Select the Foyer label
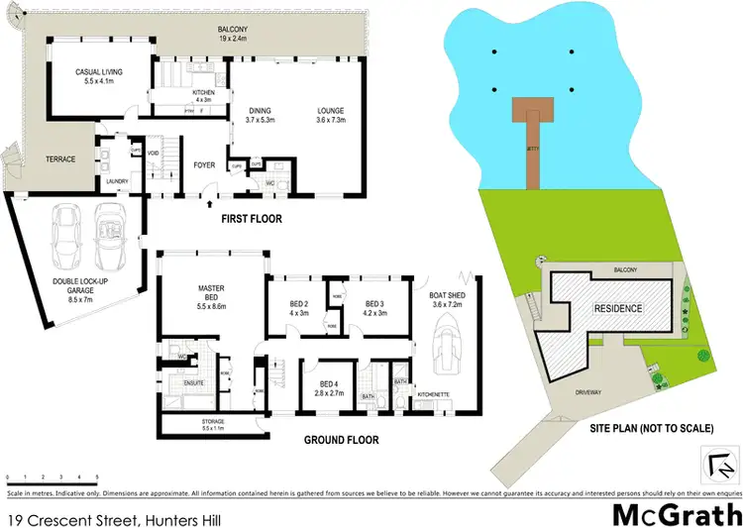204,165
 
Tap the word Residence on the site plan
618,308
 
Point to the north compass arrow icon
720,462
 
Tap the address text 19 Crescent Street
79,519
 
